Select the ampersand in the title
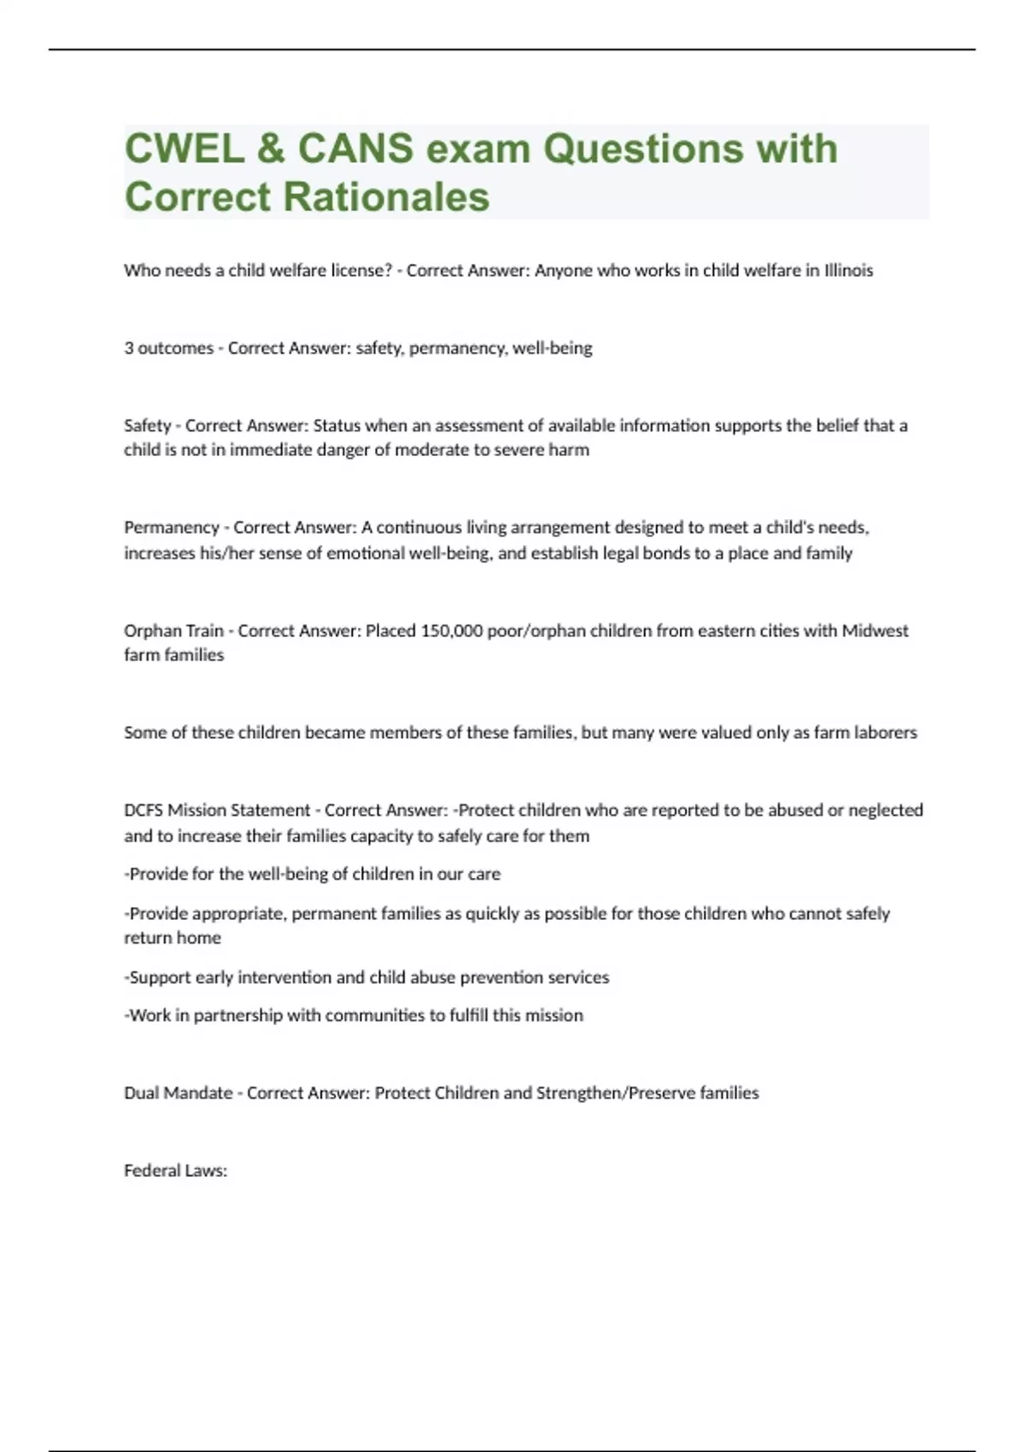pyautogui.click(x=270, y=149)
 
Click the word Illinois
pyautogui.click(x=848, y=271)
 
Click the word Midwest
pyautogui.click(x=875, y=631)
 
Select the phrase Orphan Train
pyautogui.click(x=173, y=631)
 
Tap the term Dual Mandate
pyautogui.click(x=178, y=1093)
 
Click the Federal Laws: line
pyautogui.click(x=175, y=1171)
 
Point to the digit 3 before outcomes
pyautogui.click(x=129, y=348)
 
